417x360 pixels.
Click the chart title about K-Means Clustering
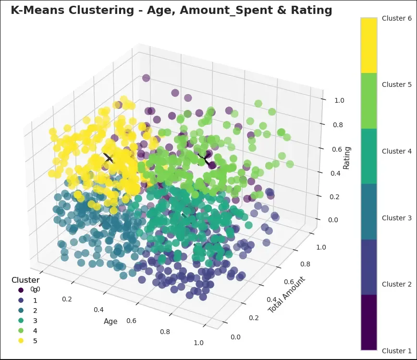click(171, 10)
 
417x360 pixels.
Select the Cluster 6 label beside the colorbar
click(396, 18)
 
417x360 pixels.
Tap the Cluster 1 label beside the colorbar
click(396, 351)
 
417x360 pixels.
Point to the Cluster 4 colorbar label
click(396, 151)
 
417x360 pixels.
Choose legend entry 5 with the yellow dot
click(35, 341)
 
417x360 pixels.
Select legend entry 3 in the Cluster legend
click(35, 320)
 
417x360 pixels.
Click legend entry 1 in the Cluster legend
click(35, 300)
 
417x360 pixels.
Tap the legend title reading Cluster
click(25, 280)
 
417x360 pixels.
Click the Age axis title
click(110, 322)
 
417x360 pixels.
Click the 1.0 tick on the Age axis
click(198, 342)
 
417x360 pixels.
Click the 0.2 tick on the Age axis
click(68, 299)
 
